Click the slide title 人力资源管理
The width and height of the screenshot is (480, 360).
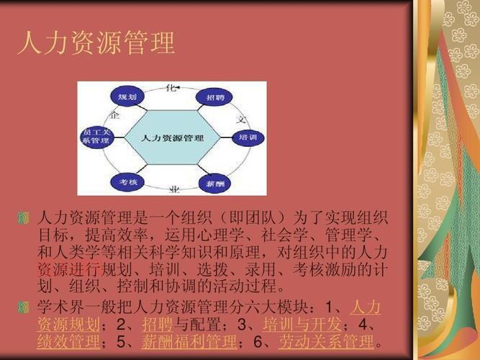point(96,42)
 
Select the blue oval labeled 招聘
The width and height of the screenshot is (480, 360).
point(214,96)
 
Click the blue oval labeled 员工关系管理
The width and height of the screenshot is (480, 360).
point(96,137)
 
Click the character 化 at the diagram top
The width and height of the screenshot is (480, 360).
point(171,88)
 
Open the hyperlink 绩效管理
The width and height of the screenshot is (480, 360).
point(68,341)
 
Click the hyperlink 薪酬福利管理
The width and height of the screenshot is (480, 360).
point(189,341)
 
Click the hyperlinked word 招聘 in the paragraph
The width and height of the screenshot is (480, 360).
point(157,323)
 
